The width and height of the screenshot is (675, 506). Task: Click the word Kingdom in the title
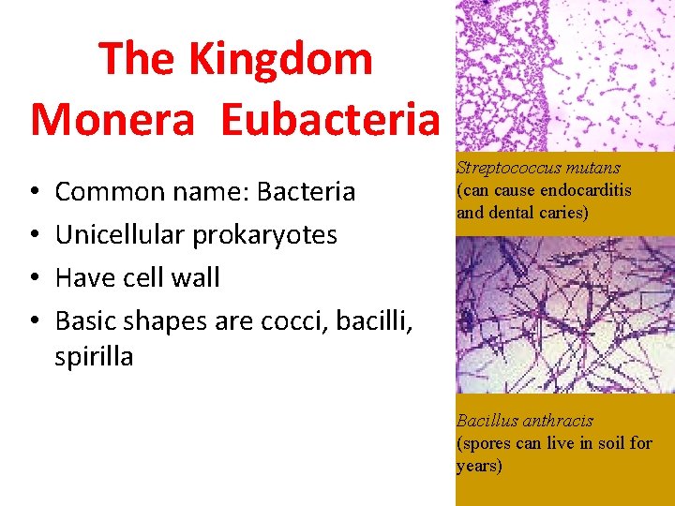pyautogui.click(x=280, y=59)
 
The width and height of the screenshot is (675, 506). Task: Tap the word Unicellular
pyautogui.click(x=123, y=234)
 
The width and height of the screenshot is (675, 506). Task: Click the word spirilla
pyautogui.click(x=94, y=357)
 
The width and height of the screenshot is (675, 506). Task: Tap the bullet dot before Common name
pyautogui.click(x=34, y=193)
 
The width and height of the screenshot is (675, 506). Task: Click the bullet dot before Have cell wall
pyautogui.click(x=34, y=278)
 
